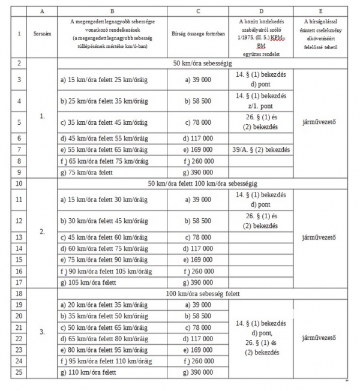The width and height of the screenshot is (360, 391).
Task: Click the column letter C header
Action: coord(198,11)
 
